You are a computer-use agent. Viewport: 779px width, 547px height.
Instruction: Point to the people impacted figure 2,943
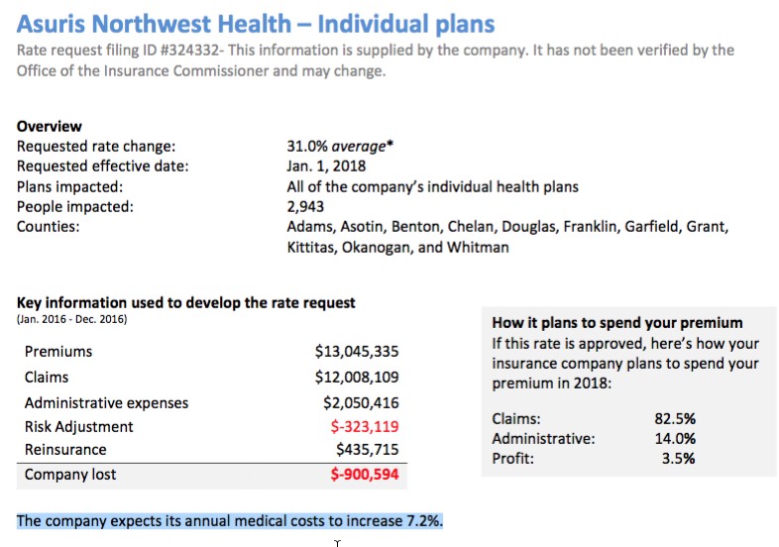pos(305,207)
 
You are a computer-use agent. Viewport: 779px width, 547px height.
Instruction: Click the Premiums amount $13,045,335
pos(357,352)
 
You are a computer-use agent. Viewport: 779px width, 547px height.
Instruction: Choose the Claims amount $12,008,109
pos(357,377)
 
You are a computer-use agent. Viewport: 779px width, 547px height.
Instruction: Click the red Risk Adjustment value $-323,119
pos(364,427)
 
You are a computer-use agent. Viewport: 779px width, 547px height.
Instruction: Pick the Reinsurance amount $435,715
pos(368,450)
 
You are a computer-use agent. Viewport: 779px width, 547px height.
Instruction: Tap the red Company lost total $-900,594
pos(364,475)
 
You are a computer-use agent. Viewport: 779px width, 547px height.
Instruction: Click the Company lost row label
pos(70,475)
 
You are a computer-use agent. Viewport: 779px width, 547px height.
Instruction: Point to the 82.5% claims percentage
pos(675,418)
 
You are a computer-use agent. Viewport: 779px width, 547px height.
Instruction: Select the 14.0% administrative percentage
pos(675,438)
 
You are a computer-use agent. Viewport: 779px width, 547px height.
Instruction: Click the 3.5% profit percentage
pos(679,458)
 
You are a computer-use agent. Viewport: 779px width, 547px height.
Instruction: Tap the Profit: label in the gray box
pos(513,458)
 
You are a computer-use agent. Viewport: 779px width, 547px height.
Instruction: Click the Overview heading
pos(50,127)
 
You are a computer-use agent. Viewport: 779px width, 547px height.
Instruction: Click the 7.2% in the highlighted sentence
pos(423,521)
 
